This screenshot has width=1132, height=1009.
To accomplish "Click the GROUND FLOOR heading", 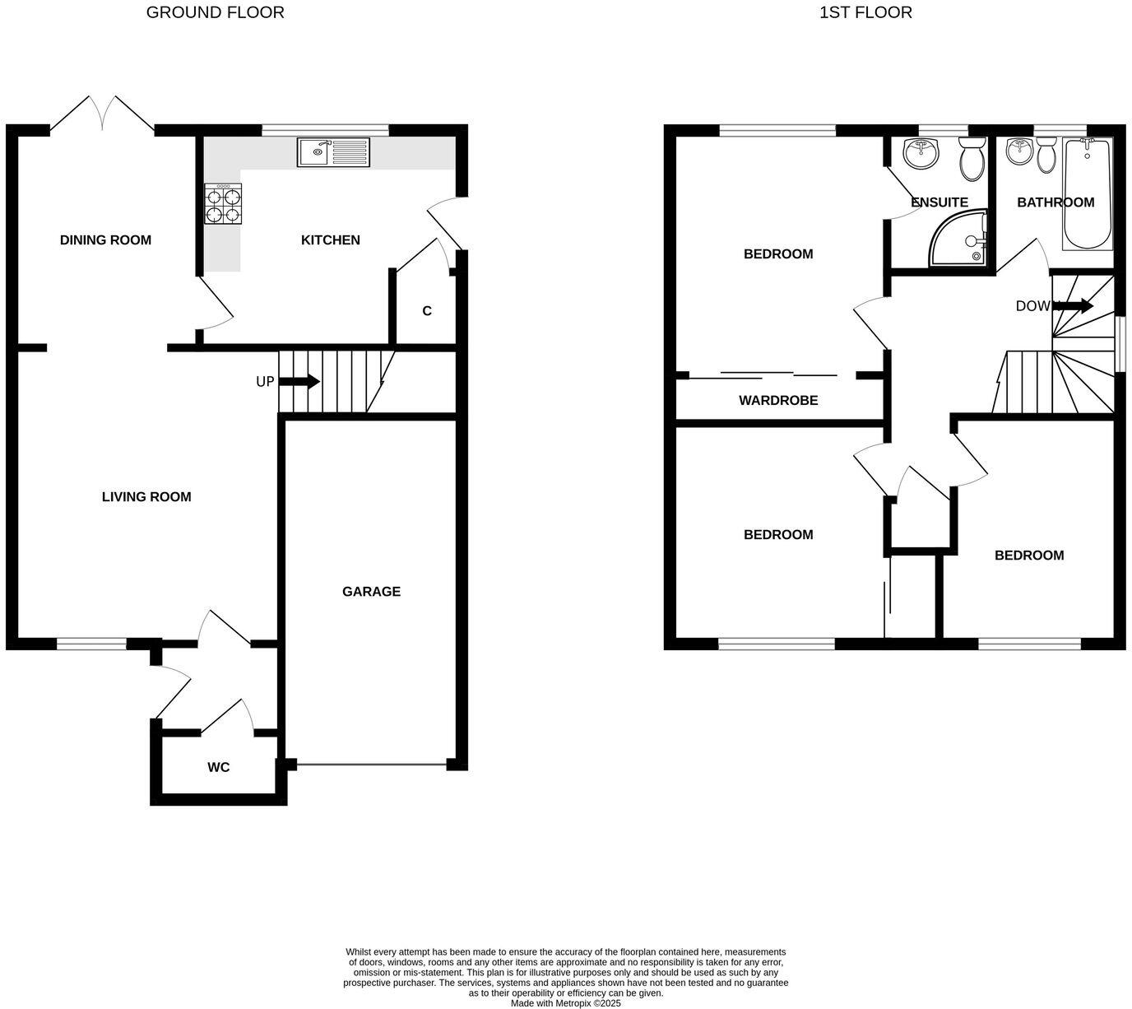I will (215, 12).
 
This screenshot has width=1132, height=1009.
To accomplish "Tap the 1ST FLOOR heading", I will (865, 12).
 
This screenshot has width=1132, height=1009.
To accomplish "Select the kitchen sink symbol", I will (334, 152).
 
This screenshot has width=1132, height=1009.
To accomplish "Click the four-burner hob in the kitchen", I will (222, 204).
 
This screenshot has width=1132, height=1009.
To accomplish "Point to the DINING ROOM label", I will (105, 240).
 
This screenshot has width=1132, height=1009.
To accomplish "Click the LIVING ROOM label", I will (146, 497).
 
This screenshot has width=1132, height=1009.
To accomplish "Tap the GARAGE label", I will (371, 592).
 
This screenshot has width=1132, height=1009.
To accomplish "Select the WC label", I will (218, 768).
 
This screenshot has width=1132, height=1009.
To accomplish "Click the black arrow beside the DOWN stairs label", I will (1073, 306).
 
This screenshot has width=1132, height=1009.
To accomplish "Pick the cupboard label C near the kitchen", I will (426, 311).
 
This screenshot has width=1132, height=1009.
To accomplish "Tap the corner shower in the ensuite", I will (959, 240).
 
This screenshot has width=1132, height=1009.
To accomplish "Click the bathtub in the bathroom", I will (1088, 193).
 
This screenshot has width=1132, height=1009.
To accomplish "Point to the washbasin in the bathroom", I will (1019, 151).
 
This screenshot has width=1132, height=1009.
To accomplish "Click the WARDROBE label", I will (778, 401).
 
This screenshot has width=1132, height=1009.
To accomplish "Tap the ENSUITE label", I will (939, 202).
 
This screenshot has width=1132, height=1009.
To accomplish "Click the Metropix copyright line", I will (565, 1003).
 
